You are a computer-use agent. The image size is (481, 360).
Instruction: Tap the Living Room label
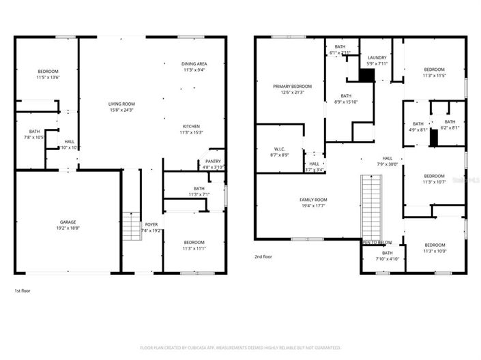click(121, 104)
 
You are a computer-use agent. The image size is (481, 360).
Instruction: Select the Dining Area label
click(194, 63)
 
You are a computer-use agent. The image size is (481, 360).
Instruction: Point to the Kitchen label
click(191, 125)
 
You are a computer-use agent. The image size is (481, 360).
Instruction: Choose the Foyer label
click(151, 224)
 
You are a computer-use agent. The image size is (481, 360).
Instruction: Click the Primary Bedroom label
click(292, 87)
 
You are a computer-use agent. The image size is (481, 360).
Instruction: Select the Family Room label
click(313, 198)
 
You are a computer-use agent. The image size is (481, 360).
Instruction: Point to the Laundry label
click(377, 58)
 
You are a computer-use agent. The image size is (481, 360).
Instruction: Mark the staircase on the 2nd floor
click(369, 205)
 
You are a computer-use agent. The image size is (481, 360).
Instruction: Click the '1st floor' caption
click(23, 290)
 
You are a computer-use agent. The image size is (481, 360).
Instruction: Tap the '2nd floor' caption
click(264, 257)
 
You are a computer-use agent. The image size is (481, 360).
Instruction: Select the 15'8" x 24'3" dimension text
click(121, 110)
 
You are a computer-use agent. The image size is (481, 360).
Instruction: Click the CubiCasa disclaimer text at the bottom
click(240, 346)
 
